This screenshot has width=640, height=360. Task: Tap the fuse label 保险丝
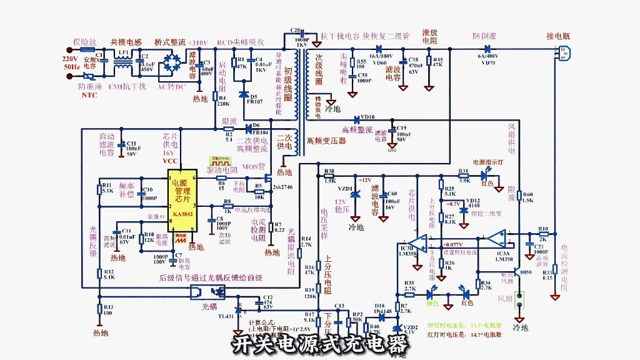click(85, 41)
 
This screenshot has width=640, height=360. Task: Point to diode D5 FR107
click(244, 94)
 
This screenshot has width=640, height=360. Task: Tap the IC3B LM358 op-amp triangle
click(418, 241)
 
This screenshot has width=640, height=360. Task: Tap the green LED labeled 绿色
click(431, 294)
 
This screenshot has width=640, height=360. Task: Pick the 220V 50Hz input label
click(71, 61)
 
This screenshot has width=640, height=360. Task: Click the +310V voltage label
click(197, 42)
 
